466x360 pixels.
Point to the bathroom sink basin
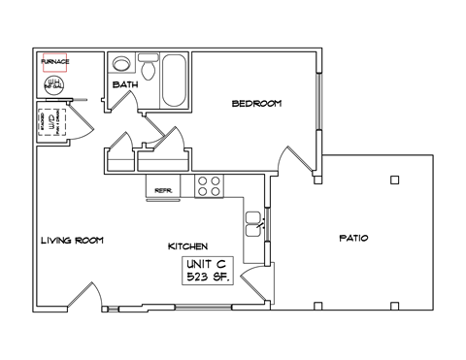pyautogui.click(x=122, y=65)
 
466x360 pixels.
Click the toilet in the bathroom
pyautogui.click(x=149, y=69)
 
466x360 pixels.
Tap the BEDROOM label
pyautogui.click(x=257, y=103)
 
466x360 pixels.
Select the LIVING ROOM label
pyautogui.click(x=72, y=241)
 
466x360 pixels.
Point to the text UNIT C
pyautogui.click(x=205, y=264)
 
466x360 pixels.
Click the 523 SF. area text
pyautogui.click(x=205, y=278)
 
